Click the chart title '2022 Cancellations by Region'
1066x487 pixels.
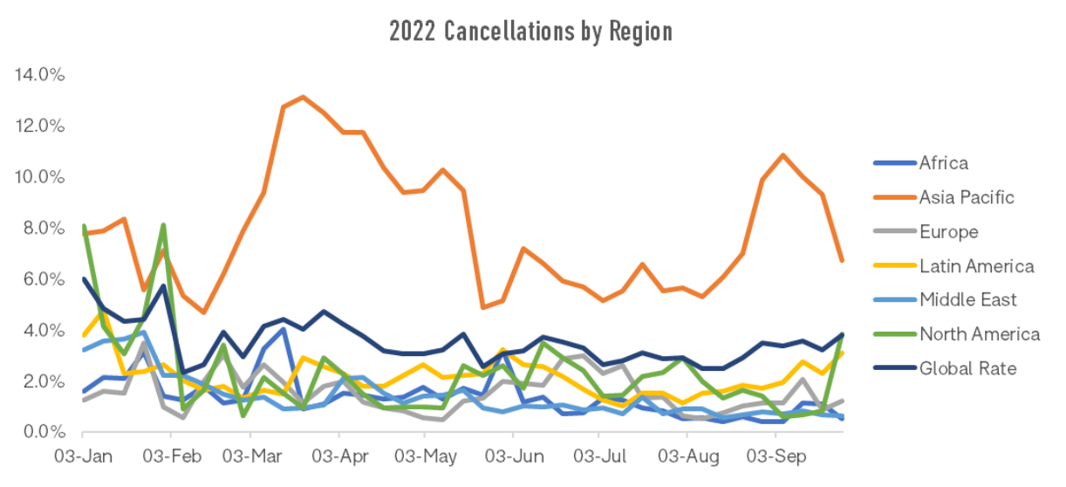tap(530, 31)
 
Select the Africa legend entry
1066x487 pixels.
tap(943, 163)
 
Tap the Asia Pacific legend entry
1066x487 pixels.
tap(966, 197)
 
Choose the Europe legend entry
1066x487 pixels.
tap(948, 232)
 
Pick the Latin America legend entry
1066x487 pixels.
tap(976, 266)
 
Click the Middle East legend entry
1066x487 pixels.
tap(968, 300)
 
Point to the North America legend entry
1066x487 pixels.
tap(979, 334)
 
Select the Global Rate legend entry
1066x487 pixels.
tap(967, 368)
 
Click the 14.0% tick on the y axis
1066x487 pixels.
tap(40, 75)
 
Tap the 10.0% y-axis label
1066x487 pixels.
tap(40, 177)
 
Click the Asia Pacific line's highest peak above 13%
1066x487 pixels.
tap(303, 97)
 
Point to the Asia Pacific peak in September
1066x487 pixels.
tap(782, 155)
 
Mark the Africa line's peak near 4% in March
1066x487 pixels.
tap(284, 328)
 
